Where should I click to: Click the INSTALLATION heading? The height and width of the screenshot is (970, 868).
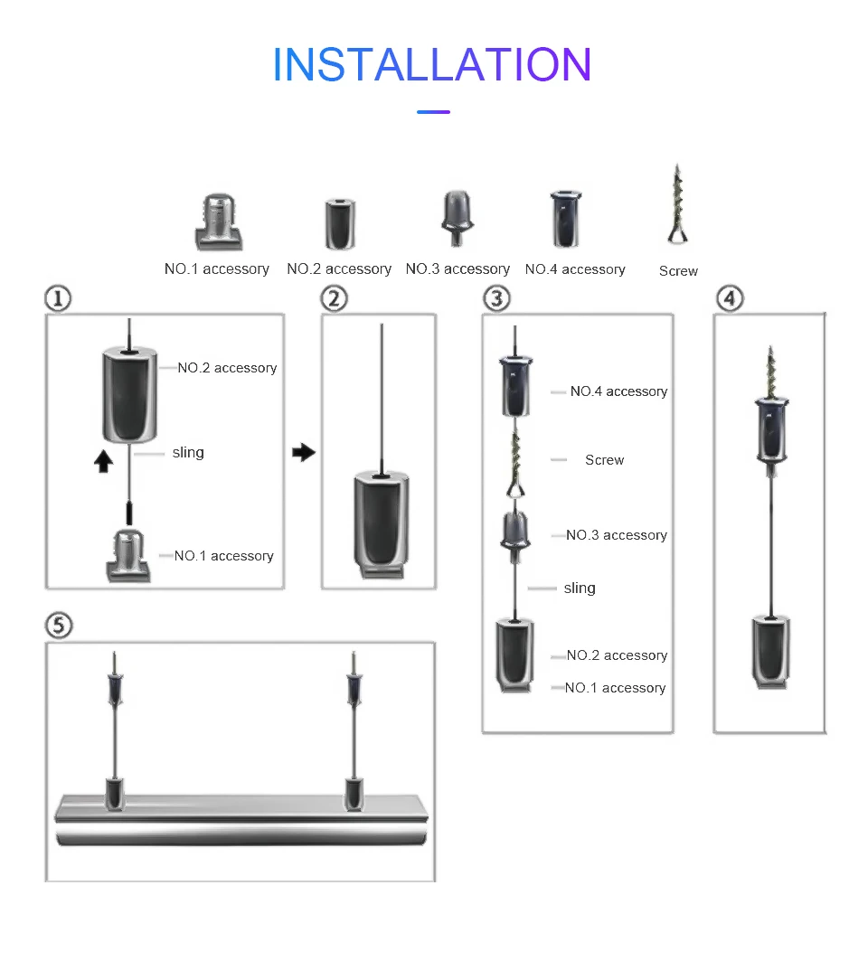432,65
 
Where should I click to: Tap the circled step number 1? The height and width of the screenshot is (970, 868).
58,298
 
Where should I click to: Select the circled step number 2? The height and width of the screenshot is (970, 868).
335,298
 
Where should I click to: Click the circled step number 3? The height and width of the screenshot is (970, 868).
495,298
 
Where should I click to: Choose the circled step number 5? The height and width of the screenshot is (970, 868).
59,626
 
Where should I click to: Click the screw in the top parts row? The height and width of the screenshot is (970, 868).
677,205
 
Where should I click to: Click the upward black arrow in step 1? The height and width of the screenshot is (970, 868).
104,461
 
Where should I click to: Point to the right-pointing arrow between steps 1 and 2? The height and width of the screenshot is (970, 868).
305,452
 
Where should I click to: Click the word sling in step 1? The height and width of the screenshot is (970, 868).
188,452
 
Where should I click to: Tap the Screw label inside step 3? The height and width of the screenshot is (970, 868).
604,460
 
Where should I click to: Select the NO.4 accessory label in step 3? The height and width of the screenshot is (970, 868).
618,391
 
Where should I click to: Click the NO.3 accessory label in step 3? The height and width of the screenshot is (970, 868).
617,535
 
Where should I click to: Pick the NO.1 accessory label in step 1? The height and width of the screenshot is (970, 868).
223,556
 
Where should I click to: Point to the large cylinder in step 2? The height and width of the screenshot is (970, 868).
381,517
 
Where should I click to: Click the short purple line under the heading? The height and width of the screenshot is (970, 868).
433,112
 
